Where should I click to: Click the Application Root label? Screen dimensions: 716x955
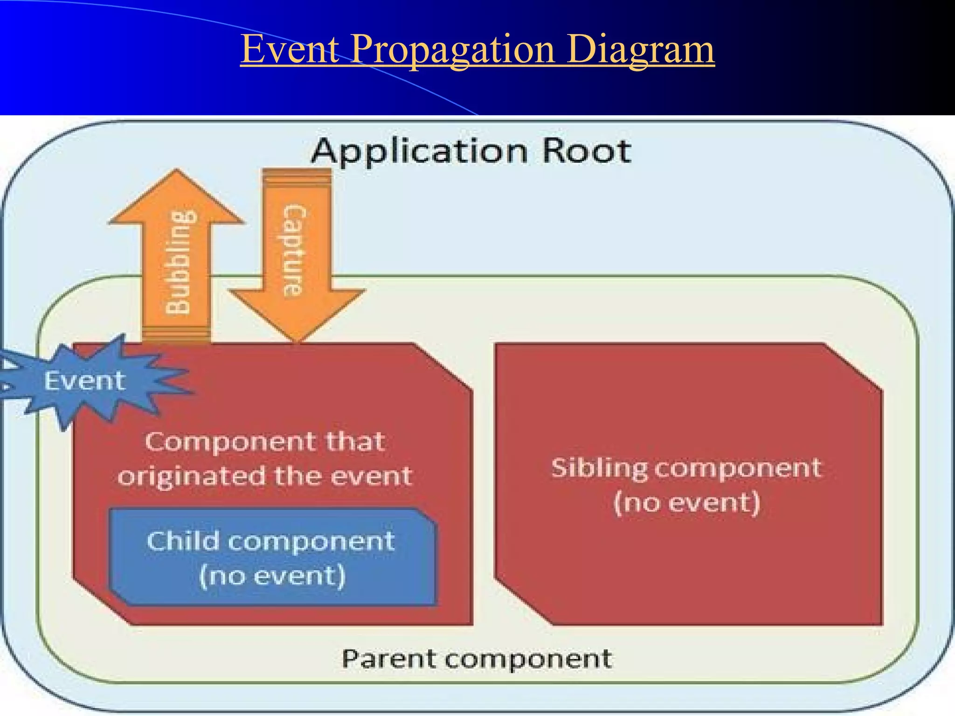point(471,151)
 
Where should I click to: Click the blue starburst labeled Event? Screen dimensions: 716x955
point(85,380)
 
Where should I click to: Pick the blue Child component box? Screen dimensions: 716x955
point(272,558)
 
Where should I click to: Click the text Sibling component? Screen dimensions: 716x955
point(685,468)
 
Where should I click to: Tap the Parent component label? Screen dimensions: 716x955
point(477,659)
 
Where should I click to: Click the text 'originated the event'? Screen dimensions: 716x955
point(265,476)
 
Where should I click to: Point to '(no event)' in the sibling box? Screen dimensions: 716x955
point(686,503)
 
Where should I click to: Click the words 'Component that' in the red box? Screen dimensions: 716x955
point(265,441)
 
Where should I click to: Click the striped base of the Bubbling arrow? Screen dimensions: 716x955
point(176,333)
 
